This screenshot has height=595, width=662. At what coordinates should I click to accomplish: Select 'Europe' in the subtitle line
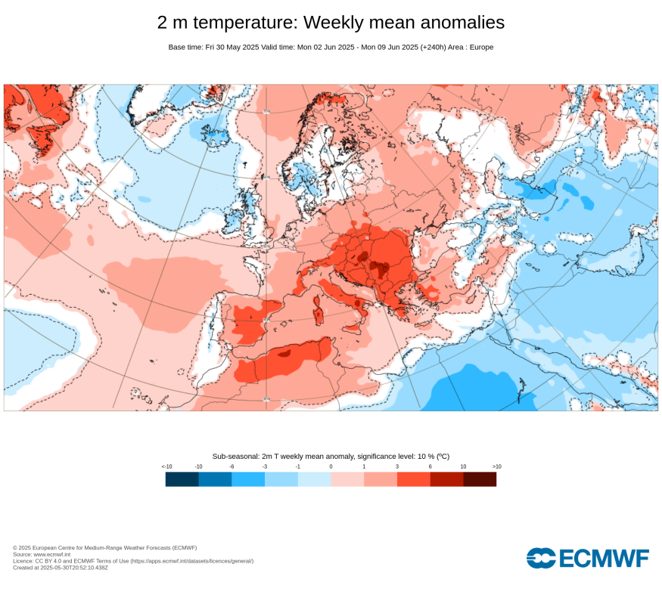480,47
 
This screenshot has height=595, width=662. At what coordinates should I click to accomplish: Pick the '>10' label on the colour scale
496,466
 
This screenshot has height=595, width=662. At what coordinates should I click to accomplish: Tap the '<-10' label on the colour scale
166,466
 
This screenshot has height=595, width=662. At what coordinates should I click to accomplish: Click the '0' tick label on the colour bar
331,466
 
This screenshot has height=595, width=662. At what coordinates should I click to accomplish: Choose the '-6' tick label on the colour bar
232,466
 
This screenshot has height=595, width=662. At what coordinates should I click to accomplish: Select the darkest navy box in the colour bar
182,479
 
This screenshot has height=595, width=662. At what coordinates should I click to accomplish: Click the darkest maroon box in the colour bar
480,479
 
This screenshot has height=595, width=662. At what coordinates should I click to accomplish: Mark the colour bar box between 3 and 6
414,479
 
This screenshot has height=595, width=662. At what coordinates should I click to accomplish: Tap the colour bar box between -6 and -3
248,479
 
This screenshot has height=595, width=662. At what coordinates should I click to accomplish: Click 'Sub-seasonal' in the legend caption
235,456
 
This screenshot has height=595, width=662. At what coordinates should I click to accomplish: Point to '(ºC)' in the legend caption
441,456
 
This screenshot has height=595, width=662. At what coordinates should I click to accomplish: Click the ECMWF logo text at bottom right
604,559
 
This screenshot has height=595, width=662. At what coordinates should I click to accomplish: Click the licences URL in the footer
191,561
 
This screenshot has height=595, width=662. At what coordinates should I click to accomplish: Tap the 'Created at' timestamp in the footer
61,567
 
